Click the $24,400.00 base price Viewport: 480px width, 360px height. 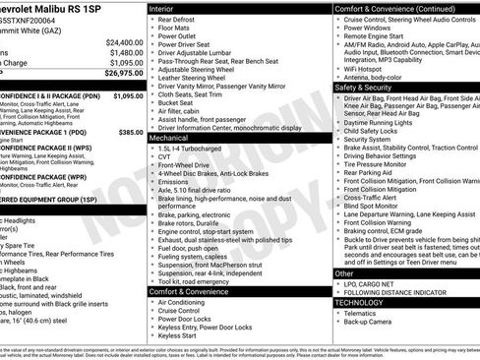point(119,42)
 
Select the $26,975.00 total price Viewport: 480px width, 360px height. point(119,72)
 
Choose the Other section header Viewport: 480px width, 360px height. point(345,273)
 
